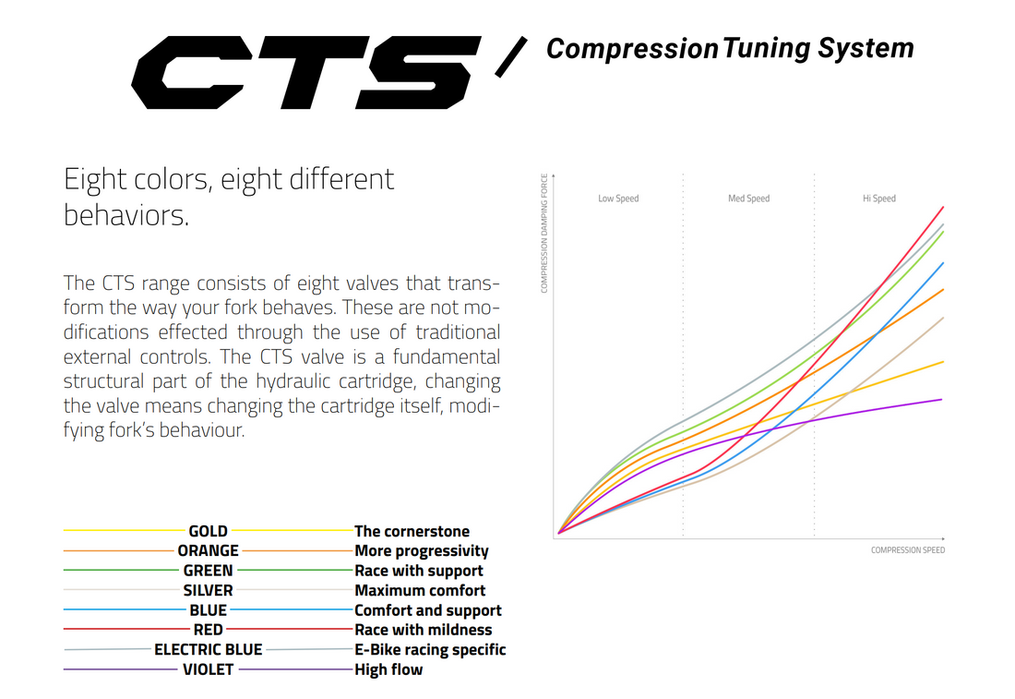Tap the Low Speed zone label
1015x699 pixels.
618,199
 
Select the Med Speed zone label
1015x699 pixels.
748,199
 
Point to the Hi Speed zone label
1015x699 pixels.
878,199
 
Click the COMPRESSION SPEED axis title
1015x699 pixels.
907,550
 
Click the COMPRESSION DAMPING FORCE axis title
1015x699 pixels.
544,233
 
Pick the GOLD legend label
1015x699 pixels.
209,531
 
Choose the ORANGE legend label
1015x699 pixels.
209,550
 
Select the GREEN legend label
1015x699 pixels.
209,571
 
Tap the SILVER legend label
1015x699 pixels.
209,590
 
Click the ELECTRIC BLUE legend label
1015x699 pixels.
209,649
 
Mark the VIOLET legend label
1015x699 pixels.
209,669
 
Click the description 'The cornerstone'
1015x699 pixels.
412,531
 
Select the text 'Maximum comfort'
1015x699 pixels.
420,590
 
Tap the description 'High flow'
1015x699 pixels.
388,669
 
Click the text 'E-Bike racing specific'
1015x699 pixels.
430,649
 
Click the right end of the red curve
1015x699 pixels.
942,207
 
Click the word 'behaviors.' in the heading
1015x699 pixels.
126,215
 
